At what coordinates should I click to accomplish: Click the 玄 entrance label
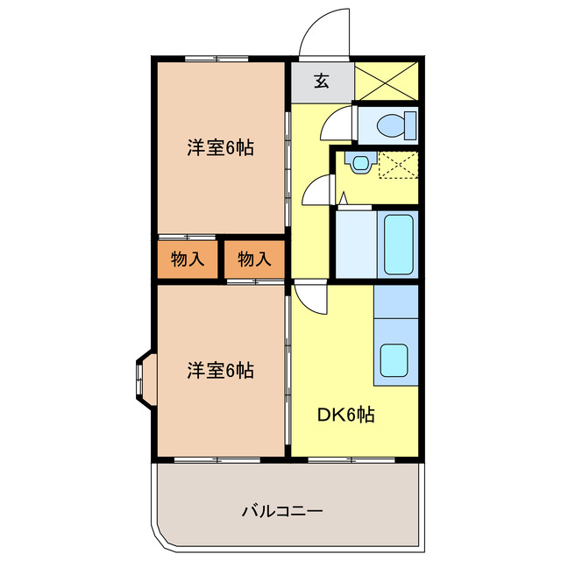pos(322,82)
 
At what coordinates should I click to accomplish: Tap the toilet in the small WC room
pos(391,125)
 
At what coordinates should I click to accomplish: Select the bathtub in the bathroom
pos(400,245)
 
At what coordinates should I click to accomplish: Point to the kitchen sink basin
pos(394,360)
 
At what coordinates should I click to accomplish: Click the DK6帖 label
pos(346,414)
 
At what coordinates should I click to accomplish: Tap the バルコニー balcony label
pos(282,510)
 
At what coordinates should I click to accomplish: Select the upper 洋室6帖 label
pos(220,148)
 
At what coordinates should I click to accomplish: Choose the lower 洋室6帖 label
pos(220,371)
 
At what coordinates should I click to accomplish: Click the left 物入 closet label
pos(188,259)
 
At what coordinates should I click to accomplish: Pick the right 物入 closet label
pos(254,259)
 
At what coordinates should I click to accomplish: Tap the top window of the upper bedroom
pos(216,58)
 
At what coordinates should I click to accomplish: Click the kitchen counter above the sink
pos(395,302)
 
